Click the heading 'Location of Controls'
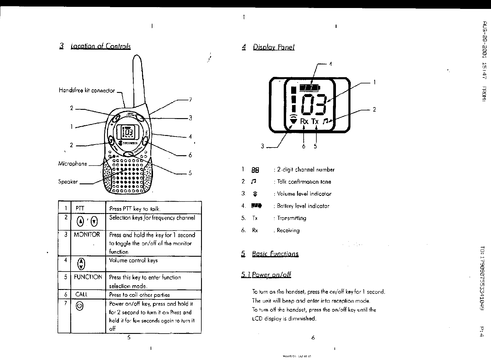pyautogui.click(x=101, y=46)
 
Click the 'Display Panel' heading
pyautogui.click(x=273, y=47)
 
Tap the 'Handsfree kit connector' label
pyautogui.click(x=87, y=91)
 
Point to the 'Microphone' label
pyautogui.click(x=73, y=164)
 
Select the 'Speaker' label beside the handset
pyautogui.click(x=68, y=182)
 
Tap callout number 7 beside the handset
pyautogui.click(x=190, y=100)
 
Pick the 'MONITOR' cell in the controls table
pyautogui.click(x=87, y=235)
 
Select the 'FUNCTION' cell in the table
pyautogui.click(x=88, y=277)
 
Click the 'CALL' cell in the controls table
pyautogui.click(x=81, y=294)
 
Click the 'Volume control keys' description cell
pyautogui.click(x=133, y=261)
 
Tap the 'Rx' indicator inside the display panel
pyautogui.click(x=304, y=121)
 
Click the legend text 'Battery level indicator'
pyautogui.click(x=303, y=206)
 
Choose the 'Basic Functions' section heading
pyautogui.click(x=275, y=254)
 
